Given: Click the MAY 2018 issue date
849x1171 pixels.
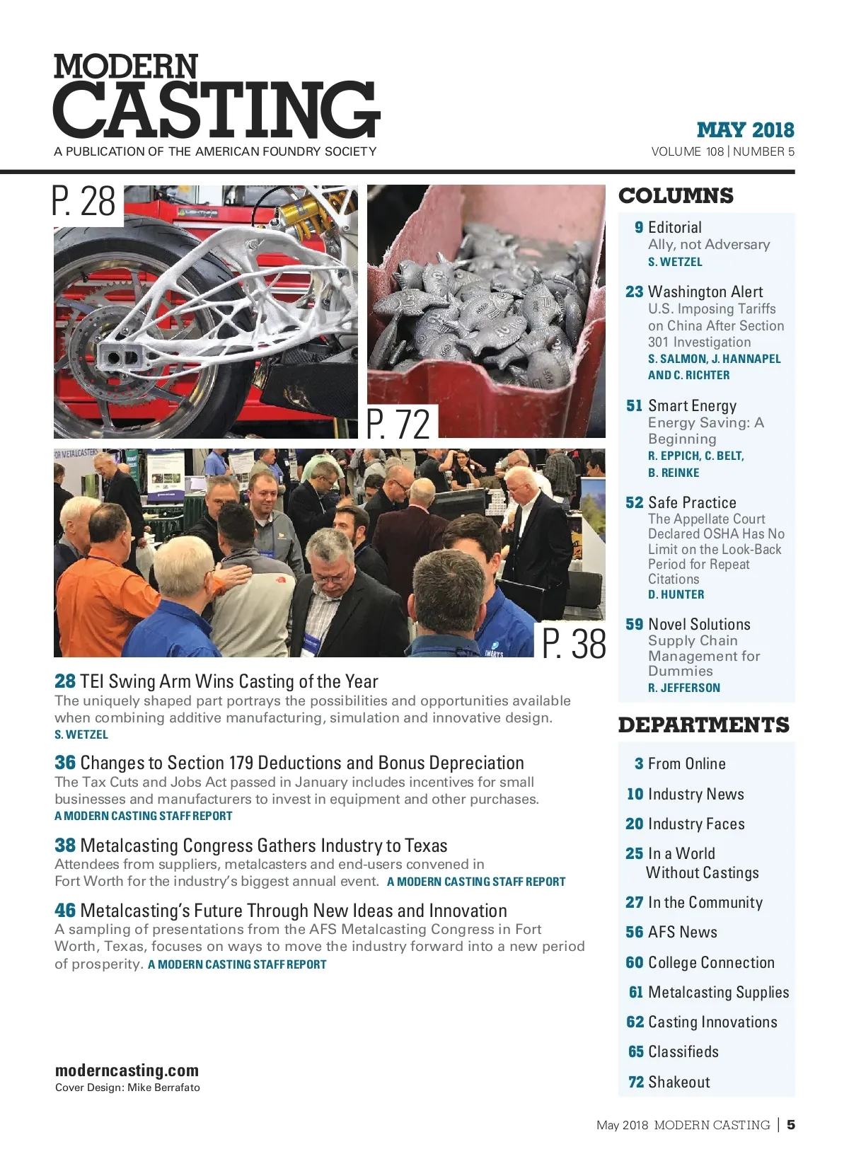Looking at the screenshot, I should click(x=745, y=130).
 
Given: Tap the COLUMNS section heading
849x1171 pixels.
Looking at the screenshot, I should click(x=676, y=196).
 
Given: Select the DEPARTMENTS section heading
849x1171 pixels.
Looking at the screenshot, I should click(x=703, y=725).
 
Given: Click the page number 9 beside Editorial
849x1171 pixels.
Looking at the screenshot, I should click(x=639, y=228).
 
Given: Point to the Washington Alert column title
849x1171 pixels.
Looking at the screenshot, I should click(x=705, y=292).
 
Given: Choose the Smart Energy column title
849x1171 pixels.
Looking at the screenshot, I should click(x=692, y=405).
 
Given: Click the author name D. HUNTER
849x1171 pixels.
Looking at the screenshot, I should click(x=676, y=595).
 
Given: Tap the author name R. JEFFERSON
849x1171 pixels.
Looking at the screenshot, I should click(x=683, y=688).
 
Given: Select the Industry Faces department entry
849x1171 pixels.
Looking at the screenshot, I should click(x=696, y=824).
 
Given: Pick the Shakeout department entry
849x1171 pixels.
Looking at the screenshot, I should click(x=678, y=1082).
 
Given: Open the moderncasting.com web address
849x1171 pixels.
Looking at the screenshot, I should click(x=127, y=1071).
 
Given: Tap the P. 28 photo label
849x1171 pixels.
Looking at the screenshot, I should click(x=84, y=202).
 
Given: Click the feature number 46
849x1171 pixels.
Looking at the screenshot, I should click(x=65, y=911).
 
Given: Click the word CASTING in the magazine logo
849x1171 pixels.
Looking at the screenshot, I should click(x=216, y=110).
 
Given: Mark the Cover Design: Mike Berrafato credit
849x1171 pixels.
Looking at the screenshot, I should click(x=127, y=1088).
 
